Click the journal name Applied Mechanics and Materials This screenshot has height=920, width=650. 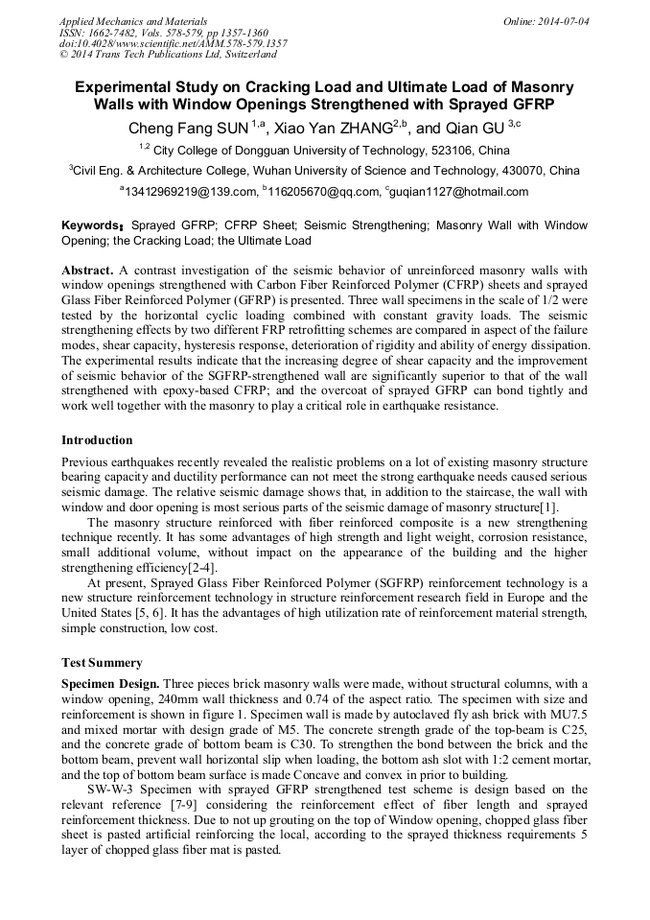tap(133, 21)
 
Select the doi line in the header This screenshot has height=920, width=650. tap(173, 44)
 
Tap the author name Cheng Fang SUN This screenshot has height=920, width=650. tap(189, 128)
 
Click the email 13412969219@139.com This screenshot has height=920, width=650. tap(190, 192)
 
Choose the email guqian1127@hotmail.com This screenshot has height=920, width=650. tap(460, 192)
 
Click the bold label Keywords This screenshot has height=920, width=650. tap(90, 225)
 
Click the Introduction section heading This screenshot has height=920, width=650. tap(97, 440)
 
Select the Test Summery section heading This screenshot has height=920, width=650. tap(102, 662)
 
